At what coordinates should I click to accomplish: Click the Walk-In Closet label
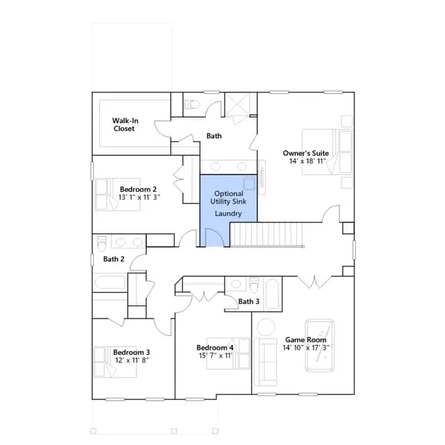tap(125, 124)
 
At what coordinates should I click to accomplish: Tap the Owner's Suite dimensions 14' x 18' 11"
tap(307, 161)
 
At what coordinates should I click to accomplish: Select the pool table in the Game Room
tap(320, 346)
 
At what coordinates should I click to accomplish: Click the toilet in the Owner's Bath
tap(192, 104)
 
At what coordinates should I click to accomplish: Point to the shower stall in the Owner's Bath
tap(238, 104)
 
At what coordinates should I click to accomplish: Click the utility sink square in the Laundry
tap(249, 184)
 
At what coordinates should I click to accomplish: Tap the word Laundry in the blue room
tap(228, 213)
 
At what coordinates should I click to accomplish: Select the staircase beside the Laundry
tap(267, 235)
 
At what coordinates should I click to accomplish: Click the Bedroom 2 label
tap(138, 189)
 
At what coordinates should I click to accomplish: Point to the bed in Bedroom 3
tap(115, 362)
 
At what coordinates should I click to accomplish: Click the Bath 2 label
tap(114, 259)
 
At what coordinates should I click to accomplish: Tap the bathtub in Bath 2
tap(110, 282)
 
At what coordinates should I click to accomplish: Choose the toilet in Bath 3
tap(254, 284)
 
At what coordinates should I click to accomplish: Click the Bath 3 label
tap(249, 301)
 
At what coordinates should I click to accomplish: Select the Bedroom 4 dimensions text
tap(216, 355)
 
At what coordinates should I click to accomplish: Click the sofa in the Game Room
tap(266, 362)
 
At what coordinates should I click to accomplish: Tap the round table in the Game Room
tap(266, 327)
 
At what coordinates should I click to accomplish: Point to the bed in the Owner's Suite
tap(327, 152)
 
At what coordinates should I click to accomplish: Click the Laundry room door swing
tap(215, 237)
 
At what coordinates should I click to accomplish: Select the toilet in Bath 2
tap(102, 243)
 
